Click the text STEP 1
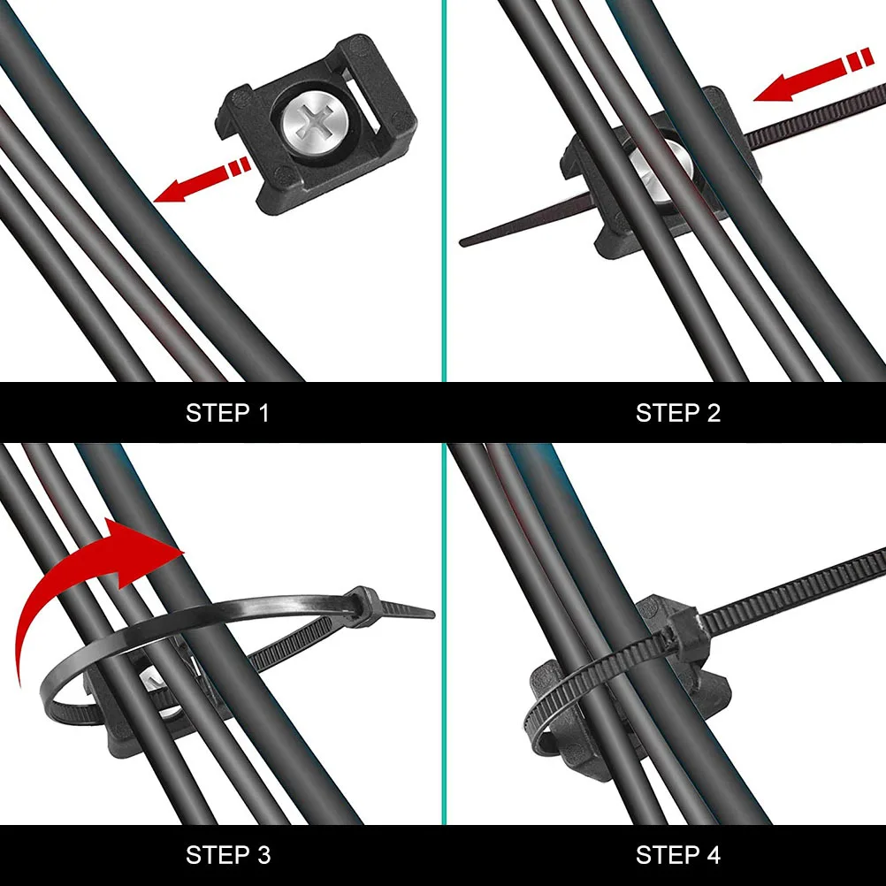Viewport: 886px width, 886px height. (x=227, y=413)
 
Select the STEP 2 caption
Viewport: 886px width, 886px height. (x=678, y=413)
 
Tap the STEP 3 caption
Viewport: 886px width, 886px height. (x=228, y=855)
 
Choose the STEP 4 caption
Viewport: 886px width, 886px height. (x=678, y=855)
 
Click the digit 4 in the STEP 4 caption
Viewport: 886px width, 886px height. (x=714, y=855)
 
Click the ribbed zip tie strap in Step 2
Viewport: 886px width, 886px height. (x=813, y=119)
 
